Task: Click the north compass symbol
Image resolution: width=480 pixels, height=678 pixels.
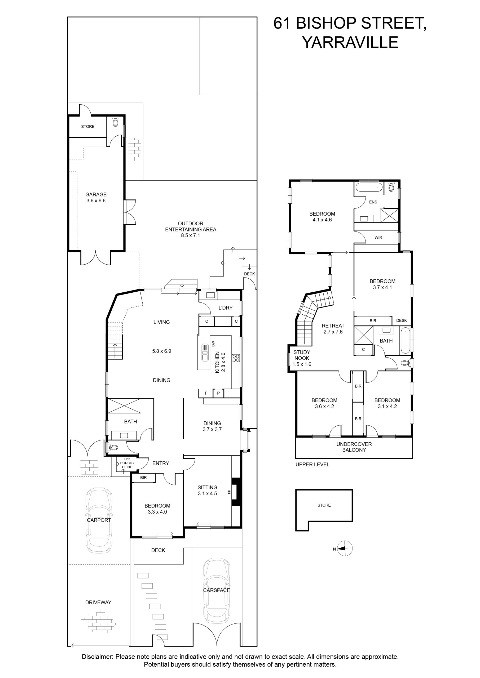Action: pos(344,549)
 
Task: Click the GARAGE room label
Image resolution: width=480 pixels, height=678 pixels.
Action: pos(96,194)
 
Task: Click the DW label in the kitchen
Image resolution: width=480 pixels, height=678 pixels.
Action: pos(213,344)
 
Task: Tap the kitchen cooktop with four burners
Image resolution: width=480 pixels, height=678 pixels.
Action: pos(236,358)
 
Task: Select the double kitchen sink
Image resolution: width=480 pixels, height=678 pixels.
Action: pos(205,352)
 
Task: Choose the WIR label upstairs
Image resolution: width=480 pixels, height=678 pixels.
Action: pos(378,237)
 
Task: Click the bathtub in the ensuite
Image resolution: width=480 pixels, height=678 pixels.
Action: pos(369,187)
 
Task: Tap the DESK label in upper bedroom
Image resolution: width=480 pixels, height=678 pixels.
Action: pos(401,320)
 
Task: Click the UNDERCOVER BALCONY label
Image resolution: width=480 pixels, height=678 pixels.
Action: pos(354,447)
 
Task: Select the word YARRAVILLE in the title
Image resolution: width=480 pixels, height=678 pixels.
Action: pos(350,42)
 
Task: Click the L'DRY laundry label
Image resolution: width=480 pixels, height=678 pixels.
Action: pos(225,308)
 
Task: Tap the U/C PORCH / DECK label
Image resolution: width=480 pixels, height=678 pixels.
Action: pos(127,463)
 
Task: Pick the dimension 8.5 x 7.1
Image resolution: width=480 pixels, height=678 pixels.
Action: pos(190,235)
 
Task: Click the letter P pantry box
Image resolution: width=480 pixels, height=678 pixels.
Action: pos(218,393)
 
